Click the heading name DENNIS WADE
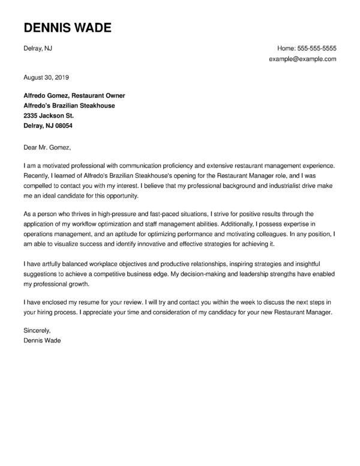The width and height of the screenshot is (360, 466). [x=67, y=29]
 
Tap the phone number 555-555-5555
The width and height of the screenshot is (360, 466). [x=317, y=48]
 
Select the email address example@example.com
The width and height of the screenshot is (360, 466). [x=303, y=59]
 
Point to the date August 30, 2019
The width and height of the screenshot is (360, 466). [x=47, y=77]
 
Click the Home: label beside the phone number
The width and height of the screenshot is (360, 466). [x=287, y=48]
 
